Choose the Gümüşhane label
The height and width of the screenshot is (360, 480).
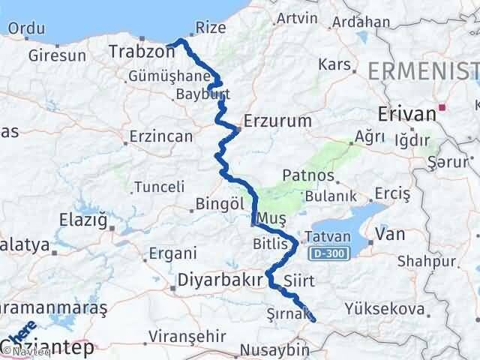pos(157,77)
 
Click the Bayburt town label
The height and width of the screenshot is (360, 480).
pos(196,94)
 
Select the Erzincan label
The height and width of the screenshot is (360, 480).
pos(160,136)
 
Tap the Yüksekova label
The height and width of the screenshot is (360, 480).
pos(384,308)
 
